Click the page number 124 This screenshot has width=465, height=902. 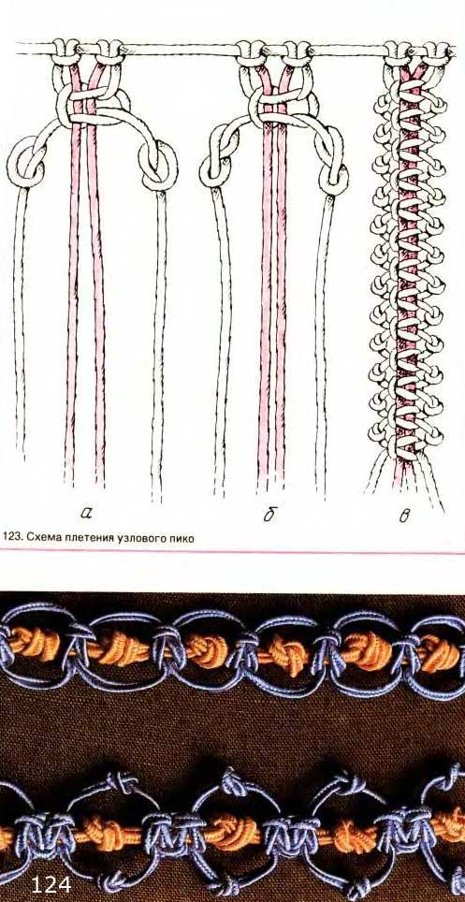coord(51,884)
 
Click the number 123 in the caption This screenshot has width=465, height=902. coord(11,538)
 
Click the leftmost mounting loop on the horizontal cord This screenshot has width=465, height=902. coord(65,51)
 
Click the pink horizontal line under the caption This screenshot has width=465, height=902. coord(232,552)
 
